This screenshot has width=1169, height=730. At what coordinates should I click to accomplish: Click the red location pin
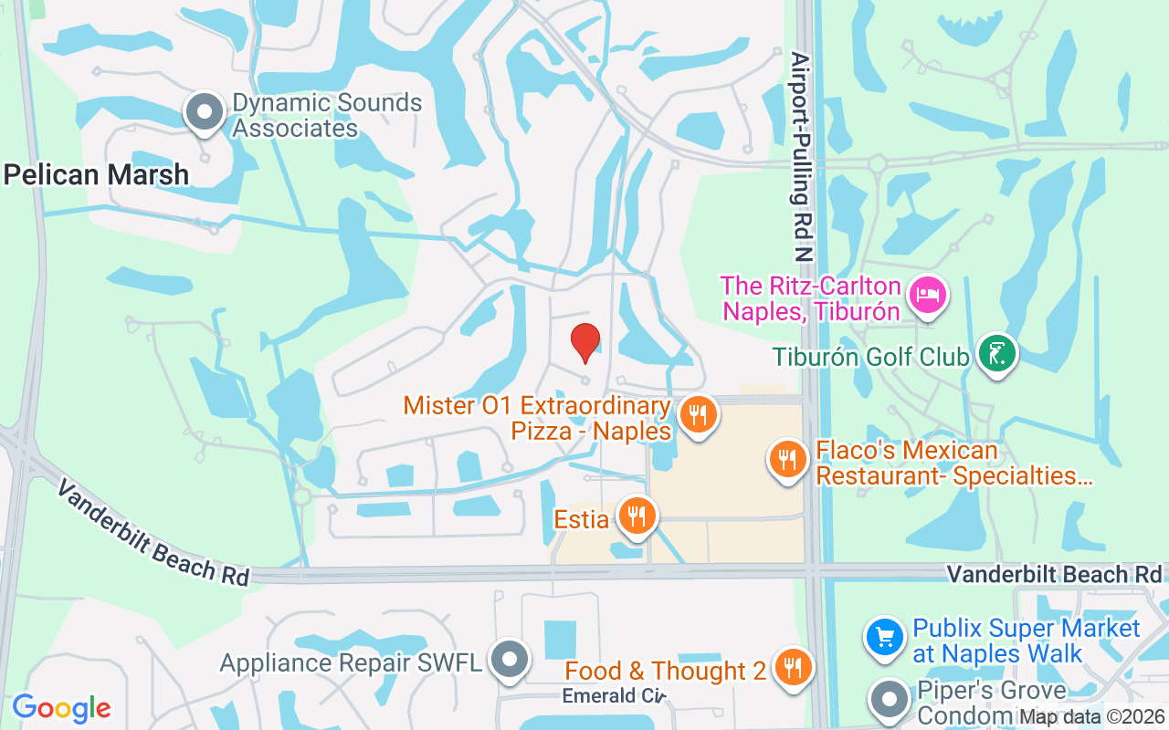point(585,341)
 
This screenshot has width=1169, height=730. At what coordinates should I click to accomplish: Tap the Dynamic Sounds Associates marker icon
point(205,113)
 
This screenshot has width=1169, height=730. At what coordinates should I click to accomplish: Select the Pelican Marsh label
point(96,174)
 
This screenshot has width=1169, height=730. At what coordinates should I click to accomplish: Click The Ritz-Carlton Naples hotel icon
point(927,294)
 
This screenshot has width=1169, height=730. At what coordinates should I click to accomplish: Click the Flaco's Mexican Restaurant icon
point(787,458)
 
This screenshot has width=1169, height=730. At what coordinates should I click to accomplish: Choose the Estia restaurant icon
point(636,516)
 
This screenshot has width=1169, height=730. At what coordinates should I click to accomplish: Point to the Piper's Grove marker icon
point(890,699)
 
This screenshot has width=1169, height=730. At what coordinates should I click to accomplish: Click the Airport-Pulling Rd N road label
point(802,155)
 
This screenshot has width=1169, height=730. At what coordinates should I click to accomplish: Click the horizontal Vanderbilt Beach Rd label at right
point(1055,574)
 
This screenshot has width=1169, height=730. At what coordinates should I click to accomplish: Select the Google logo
point(61,708)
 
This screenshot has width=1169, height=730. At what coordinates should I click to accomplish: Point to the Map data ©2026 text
point(1091,716)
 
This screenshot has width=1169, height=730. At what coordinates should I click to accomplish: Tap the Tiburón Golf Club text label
point(870,356)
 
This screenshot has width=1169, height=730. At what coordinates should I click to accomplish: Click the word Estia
point(582,519)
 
